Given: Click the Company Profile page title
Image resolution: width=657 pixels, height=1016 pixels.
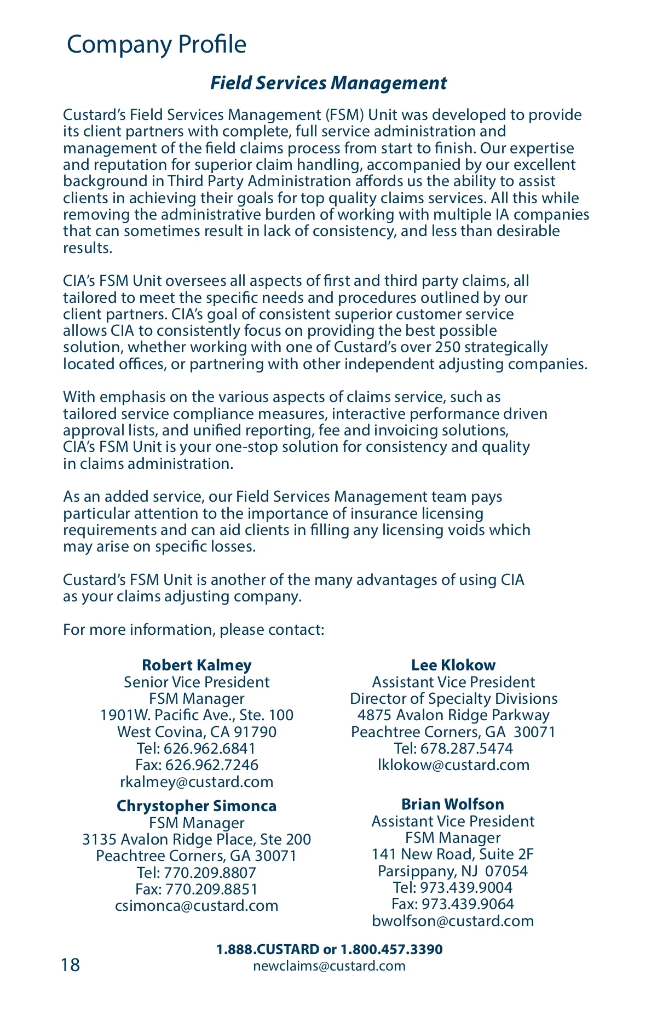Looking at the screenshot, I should pyautogui.click(x=156, y=44).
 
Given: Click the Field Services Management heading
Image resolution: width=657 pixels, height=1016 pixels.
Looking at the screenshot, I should pyautogui.click(x=328, y=83).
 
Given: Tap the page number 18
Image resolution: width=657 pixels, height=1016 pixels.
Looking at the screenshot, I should pyautogui.click(x=71, y=965).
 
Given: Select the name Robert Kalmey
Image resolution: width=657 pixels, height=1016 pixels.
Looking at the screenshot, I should pyautogui.click(x=197, y=665).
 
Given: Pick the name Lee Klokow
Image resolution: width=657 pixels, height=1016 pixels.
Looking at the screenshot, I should pyautogui.click(x=453, y=665).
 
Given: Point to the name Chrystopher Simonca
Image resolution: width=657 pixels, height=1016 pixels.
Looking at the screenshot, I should pyautogui.click(x=197, y=806).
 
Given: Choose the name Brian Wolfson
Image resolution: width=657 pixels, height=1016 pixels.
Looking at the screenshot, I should pyautogui.click(x=453, y=804).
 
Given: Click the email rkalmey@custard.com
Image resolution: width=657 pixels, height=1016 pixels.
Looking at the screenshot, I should pyautogui.click(x=197, y=782).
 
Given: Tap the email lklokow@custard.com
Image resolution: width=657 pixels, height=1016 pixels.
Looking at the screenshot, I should pyautogui.click(x=453, y=765).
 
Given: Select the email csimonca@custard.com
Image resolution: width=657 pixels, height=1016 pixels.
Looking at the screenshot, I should pyautogui.click(x=197, y=905).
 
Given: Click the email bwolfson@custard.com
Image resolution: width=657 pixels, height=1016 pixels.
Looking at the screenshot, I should pyautogui.click(x=453, y=921).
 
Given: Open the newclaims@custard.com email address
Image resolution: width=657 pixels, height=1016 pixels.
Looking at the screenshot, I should pyautogui.click(x=329, y=966).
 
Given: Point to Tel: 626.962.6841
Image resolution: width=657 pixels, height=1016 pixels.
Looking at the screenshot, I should pyautogui.click(x=197, y=748).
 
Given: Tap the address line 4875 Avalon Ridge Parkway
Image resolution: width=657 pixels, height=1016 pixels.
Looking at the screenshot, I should pyautogui.click(x=453, y=715).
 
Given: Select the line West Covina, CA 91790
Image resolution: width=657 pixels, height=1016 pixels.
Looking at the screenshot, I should pyautogui.click(x=197, y=732).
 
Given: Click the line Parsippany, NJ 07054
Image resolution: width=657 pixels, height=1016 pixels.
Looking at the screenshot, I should pyautogui.click(x=453, y=871).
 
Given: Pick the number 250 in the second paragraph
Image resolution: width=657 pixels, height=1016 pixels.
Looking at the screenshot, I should pyautogui.click(x=447, y=347).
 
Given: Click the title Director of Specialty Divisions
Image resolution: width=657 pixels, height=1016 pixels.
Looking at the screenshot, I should pyautogui.click(x=453, y=698).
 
